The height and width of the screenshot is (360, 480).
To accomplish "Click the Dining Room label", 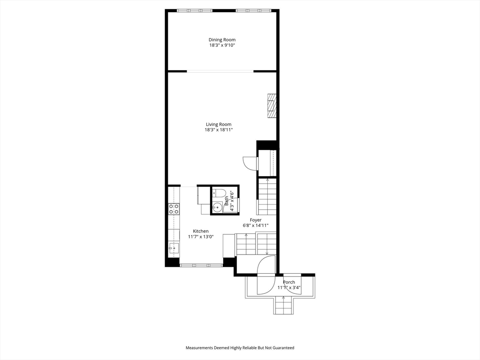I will pos(222,40).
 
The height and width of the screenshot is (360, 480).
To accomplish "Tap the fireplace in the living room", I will pos(272,106).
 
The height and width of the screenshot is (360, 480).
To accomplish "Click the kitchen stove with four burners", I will pos(174,209).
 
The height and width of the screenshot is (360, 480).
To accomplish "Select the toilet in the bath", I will pos(219,193).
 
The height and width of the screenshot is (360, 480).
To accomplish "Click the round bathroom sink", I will pos(217,207).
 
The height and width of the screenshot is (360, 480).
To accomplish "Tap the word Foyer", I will pos(255,220).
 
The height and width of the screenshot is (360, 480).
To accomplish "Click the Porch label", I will pos(289,282).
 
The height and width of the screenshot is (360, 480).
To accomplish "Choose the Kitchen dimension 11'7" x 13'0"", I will pos(201,237).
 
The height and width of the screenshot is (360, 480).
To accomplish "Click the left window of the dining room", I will pos(194,10).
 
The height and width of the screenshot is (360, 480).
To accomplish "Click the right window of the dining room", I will pos(253,10).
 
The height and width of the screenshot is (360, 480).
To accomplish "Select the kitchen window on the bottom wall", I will pos(201,265).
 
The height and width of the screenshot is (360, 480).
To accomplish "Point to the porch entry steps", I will pos(283,307).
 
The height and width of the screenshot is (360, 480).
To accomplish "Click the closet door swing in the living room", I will pos(249,163).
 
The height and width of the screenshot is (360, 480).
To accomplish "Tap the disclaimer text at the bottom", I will pos(240,348).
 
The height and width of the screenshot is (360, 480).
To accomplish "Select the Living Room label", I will pos(218,124).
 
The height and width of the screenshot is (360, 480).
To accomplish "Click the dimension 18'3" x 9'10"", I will pos(222,46).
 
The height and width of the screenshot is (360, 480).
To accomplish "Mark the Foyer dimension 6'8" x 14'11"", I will pos(255,225).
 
